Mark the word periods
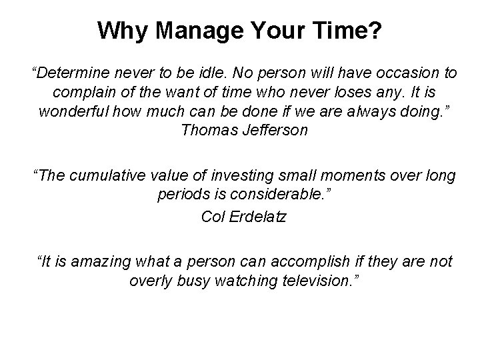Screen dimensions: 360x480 [181, 197]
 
